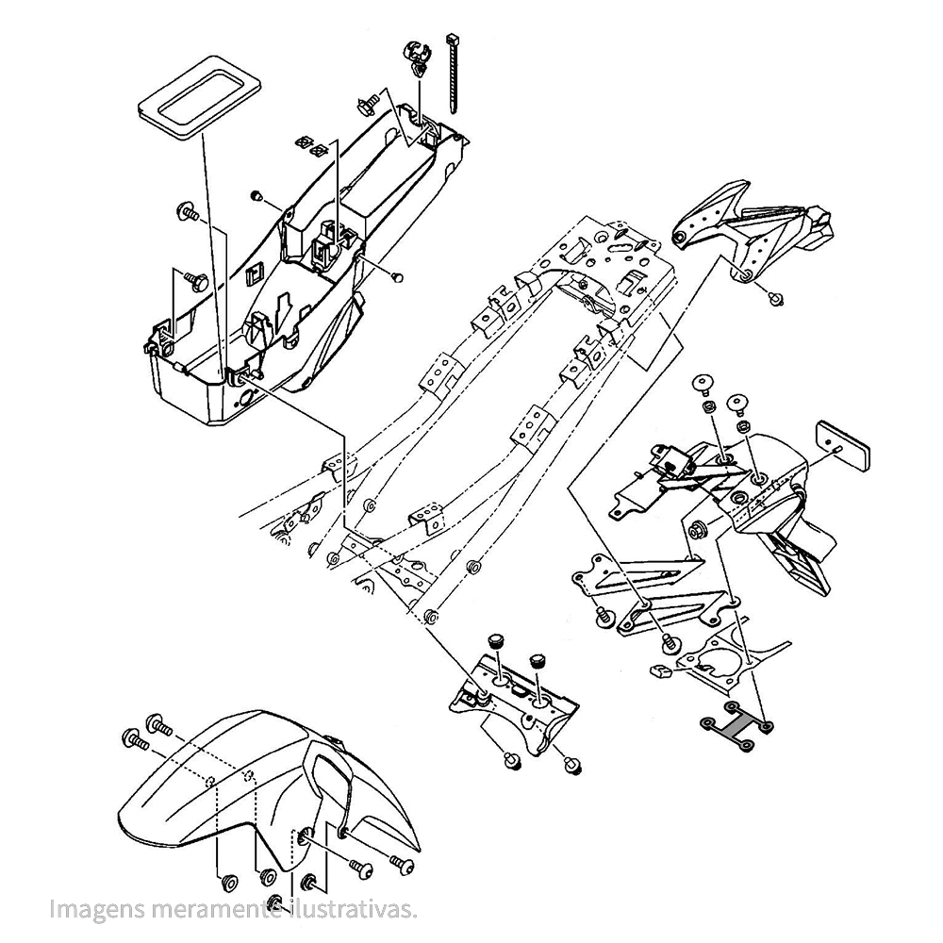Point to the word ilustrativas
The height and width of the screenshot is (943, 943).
[x=354, y=910]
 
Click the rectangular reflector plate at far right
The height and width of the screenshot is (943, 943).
[x=843, y=443]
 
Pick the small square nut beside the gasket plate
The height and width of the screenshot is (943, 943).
[x=661, y=672]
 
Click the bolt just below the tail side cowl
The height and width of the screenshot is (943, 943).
[x=777, y=298]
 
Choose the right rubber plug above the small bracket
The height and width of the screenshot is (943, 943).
[x=538, y=657]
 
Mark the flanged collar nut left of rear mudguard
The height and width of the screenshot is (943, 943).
[x=699, y=531]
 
